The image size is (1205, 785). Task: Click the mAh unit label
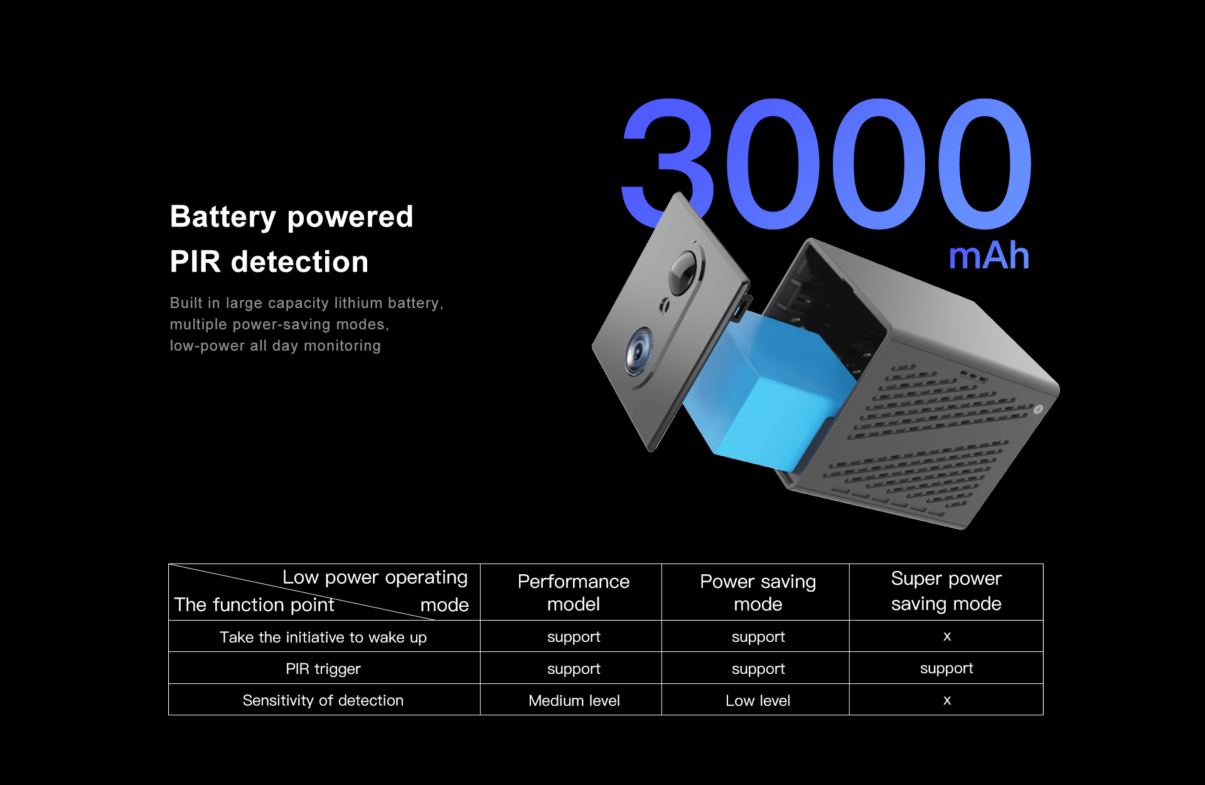(x=989, y=256)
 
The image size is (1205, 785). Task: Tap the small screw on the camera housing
(x=1038, y=409)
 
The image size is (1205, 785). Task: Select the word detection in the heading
(x=300, y=262)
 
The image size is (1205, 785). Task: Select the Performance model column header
(x=574, y=592)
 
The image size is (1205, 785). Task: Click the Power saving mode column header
(x=758, y=592)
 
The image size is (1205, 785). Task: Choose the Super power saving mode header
(x=946, y=591)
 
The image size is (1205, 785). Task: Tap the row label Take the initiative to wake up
(x=323, y=638)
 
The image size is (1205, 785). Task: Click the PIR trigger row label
(x=323, y=669)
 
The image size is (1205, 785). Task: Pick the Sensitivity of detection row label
(x=323, y=700)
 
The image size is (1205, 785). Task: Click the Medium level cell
(x=574, y=701)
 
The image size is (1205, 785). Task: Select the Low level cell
(x=758, y=701)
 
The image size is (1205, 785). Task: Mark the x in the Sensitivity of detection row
(x=947, y=700)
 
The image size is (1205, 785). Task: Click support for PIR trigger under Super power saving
(x=946, y=669)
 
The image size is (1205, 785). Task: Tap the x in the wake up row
(x=947, y=636)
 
